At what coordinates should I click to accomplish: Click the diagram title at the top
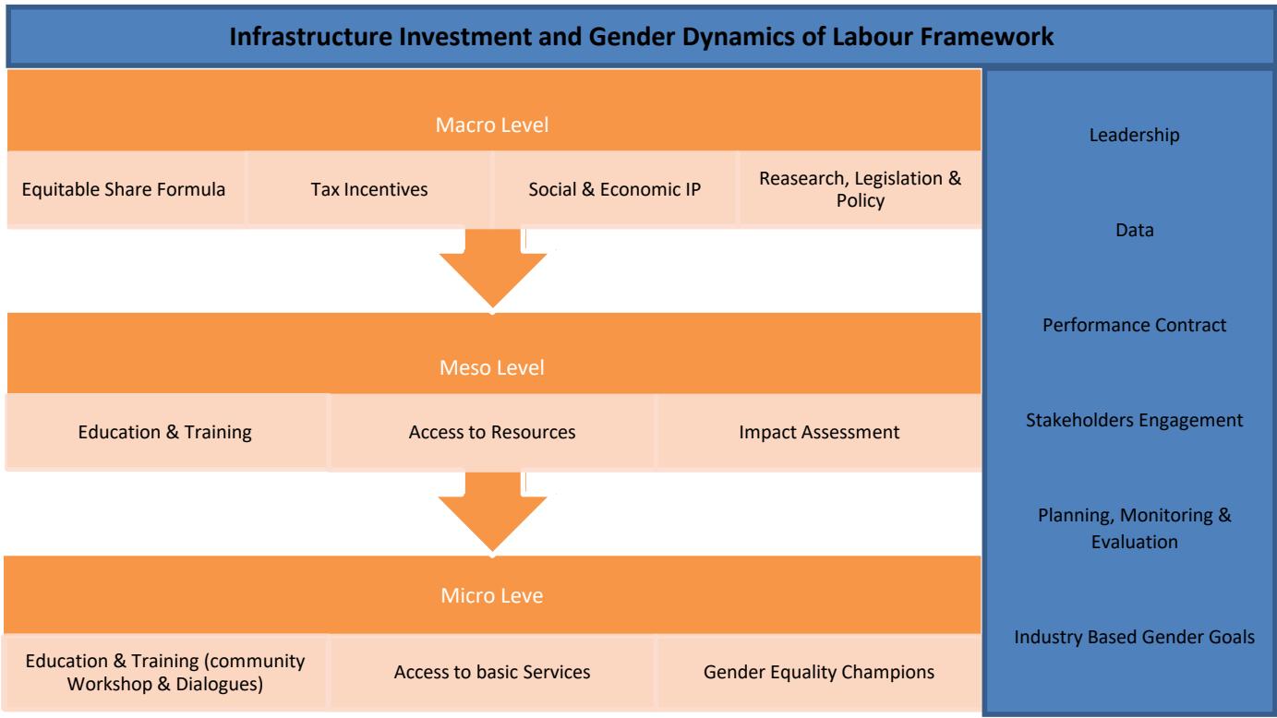(x=642, y=37)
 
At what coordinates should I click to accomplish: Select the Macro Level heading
(x=492, y=125)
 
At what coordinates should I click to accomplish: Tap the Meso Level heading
(x=492, y=367)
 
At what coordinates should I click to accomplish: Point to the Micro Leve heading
(x=492, y=595)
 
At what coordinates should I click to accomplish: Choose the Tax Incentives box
(x=368, y=189)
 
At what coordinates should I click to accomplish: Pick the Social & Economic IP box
(x=615, y=189)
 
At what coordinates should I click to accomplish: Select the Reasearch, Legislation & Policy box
(x=861, y=189)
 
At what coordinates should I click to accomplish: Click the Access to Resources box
(x=492, y=432)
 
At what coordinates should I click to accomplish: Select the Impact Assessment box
(x=819, y=432)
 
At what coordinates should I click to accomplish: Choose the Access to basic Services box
(x=492, y=672)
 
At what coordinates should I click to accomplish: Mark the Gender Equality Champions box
(x=819, y=672)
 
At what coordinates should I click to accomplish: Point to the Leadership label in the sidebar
(x=1135, y=135)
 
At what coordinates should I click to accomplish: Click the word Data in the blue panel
(x=1135, y=230)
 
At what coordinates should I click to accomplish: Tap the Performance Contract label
(x=1135, y=325)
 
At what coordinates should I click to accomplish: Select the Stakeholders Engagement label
(x=1135, y=420)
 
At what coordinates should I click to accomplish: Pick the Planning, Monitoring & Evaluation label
(x=1135, y=528)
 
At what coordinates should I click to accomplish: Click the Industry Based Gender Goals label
(x=1135, y=637)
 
